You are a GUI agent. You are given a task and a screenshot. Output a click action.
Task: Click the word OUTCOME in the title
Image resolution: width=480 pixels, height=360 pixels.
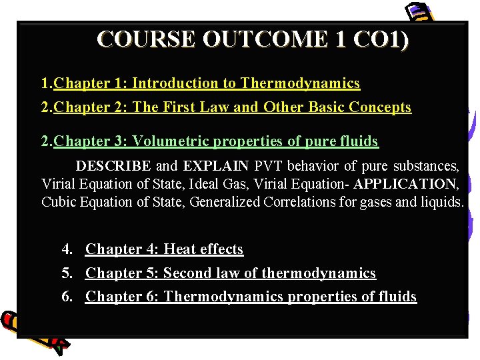click(265, 40)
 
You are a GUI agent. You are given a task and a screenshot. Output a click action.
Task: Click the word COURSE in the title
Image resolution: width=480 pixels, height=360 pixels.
click(146, 40)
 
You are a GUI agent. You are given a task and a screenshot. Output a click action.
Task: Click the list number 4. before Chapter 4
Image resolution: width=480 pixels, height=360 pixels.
click(67, 249)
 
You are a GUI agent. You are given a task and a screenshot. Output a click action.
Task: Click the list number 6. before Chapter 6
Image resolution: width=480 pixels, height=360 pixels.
click(67, 297)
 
